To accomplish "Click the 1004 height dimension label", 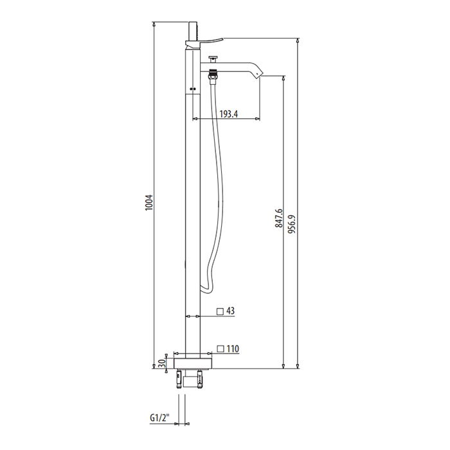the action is point(149,203).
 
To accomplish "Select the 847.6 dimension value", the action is point(278,219).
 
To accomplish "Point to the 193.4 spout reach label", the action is point(229,114).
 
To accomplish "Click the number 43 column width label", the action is point(230,310).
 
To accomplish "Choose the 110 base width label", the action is point(233,348).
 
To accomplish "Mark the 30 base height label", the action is point(161,363).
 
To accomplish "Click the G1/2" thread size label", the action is point(160,418).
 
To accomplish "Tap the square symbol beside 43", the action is point(220,312).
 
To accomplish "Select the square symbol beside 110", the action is point(221,348).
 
